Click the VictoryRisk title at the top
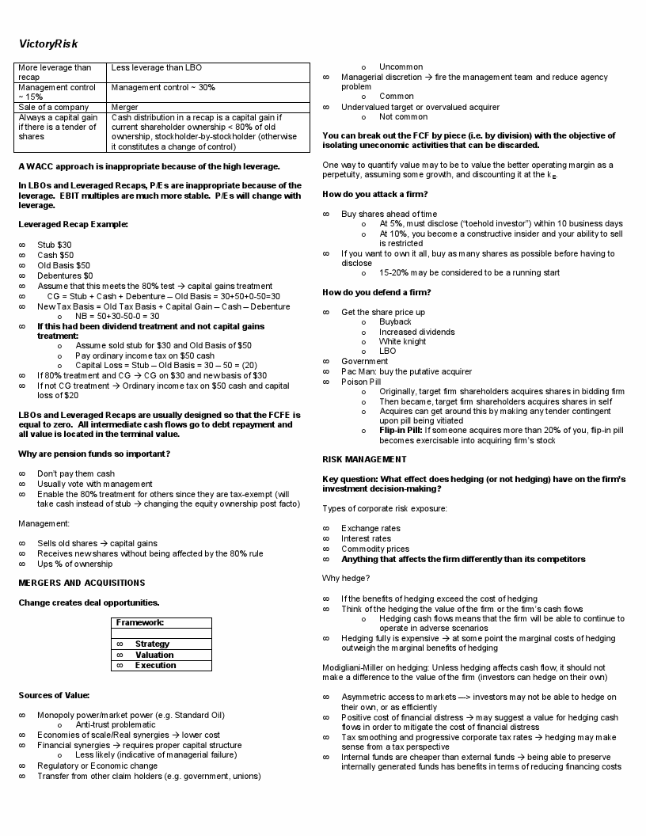[48, 44]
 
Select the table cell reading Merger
[125, 107]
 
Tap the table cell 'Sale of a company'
[48, 107]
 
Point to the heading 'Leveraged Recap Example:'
[73, 224]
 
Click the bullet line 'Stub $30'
[55, 245]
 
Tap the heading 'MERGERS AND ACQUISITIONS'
[82, 583]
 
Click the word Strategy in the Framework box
[152, 644]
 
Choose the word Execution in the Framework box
[155, 665]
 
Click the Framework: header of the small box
[140, 622]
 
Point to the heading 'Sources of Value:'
[55, 695]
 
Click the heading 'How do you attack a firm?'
[375, 194]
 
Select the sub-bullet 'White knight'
[402, 341]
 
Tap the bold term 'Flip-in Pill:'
[401, 431]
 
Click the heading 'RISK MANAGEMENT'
[364, 459]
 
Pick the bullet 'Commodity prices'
[375, 549]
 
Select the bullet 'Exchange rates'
[370, 528]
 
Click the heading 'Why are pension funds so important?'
[94, 454]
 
